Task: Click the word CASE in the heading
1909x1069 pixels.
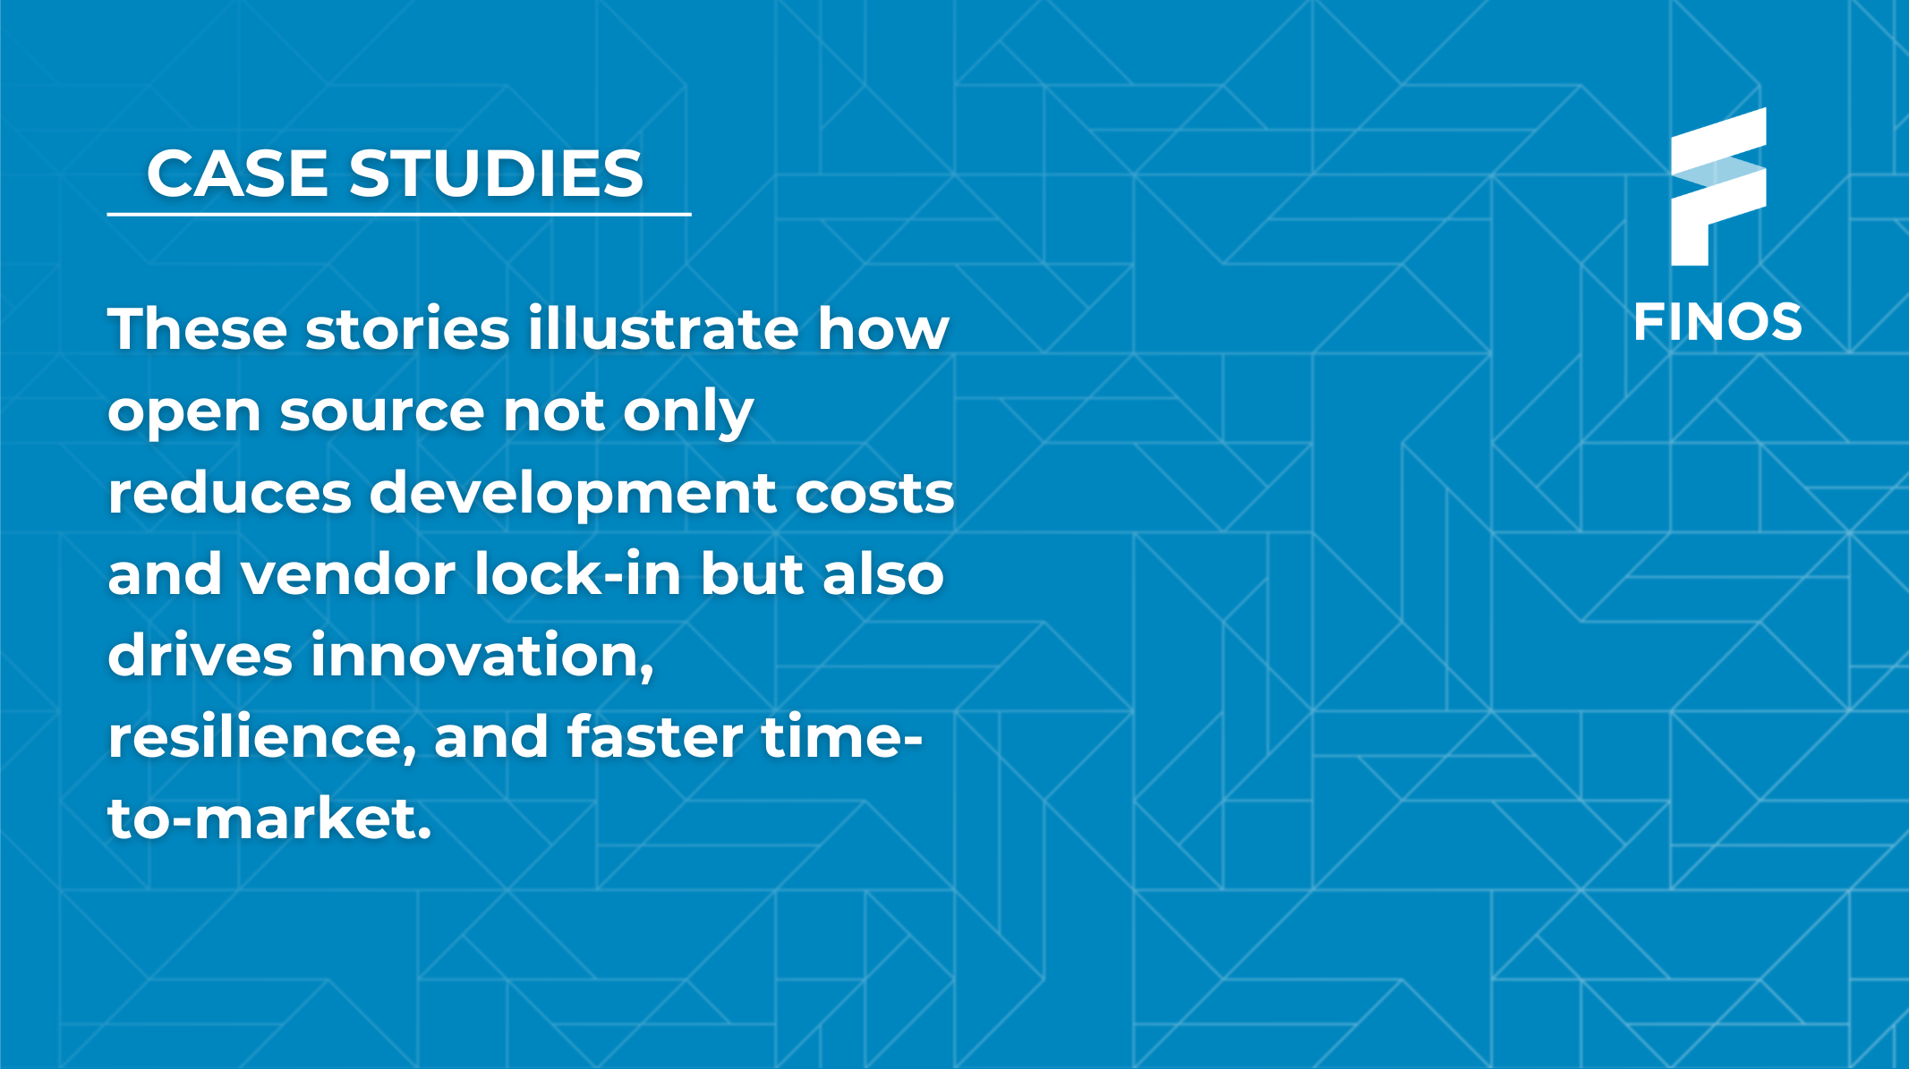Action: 238,173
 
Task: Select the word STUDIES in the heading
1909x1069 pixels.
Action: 496,173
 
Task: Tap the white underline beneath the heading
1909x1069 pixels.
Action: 398,215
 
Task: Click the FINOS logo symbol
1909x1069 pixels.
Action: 1717,188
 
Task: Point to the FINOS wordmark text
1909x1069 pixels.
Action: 1717,323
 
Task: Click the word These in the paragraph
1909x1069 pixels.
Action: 197,329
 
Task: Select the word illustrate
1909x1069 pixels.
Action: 662,329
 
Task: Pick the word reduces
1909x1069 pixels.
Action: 229,494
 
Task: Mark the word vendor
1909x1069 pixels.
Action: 348,574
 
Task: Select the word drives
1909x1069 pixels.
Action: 200,656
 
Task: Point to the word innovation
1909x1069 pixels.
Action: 482,656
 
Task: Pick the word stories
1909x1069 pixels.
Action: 407,329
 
